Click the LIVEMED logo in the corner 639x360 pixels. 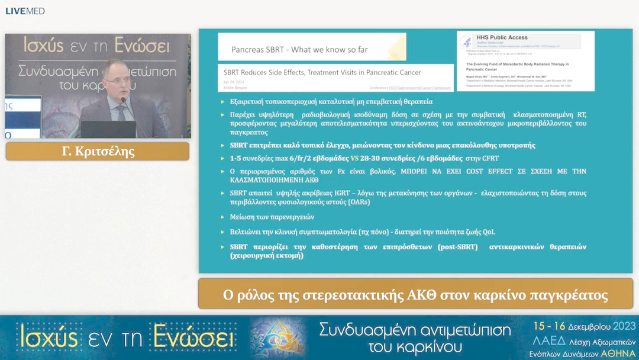click(25, 11)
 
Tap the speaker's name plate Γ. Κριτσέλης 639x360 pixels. click(98, 152)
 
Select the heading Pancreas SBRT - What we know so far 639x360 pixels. click(299, 50)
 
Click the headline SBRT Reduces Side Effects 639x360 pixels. click(322, 73)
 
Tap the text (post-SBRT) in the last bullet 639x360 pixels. click(457, 246)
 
